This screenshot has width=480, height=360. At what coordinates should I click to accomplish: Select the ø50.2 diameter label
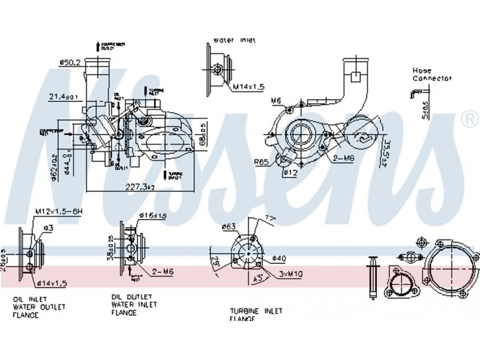pos(70,62)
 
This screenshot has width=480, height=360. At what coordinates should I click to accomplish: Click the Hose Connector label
pos(431,74)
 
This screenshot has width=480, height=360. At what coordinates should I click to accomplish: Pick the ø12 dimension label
pos(290,173)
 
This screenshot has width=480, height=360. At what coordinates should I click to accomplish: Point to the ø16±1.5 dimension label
pos(153,215)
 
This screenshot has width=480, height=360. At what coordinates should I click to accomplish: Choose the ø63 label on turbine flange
pos(229,227)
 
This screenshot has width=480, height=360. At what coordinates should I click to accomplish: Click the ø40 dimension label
pos(278,259)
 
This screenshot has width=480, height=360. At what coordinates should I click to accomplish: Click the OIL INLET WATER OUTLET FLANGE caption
pos(39,307)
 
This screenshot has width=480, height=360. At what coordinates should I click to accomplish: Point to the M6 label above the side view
pos(275,100)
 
